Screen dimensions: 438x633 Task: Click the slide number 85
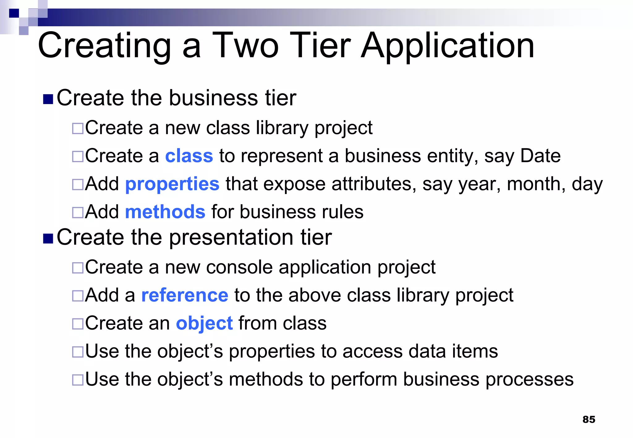588,419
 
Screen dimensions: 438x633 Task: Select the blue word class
189,156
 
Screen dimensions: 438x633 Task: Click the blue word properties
172,184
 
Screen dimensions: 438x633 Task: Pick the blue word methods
165,212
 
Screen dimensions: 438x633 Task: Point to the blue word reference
185,295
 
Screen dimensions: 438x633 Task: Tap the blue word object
204,324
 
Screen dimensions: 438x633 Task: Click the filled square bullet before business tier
48,99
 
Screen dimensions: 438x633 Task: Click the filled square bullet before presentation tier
48,238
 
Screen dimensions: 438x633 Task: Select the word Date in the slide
540,156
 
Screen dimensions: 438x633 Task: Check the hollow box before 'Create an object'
78,324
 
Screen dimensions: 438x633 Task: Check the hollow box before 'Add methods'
78,212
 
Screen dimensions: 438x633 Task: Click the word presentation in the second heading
231,238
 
